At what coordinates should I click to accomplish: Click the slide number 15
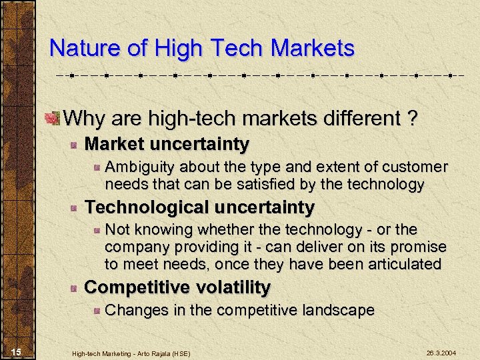(15, 351)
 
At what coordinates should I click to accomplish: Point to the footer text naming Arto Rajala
(131, 353)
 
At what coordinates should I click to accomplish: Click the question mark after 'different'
(413, 119)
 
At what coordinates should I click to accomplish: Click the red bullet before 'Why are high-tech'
(52, 119)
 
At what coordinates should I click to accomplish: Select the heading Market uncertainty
(167, 143)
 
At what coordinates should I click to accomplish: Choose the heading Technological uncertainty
(199, 207)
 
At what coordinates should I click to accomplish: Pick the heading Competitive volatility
(177, 287)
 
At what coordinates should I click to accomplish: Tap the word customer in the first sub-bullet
(415, 167)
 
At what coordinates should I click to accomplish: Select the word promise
(418, 247)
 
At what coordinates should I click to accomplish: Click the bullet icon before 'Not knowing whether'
(97, 230)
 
